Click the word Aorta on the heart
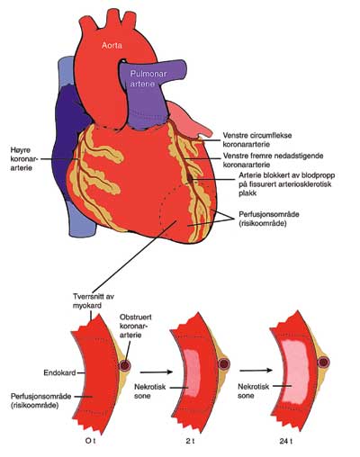coord(112,45)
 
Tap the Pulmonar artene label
coord(148,78)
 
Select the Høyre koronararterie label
coord(22,159)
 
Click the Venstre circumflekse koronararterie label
coord(257,139)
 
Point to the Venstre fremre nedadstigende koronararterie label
coord(273,160)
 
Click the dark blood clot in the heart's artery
coord(191,178)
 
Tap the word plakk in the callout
coord(247,193)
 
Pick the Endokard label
coord(59,373)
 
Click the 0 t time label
coord(91,441)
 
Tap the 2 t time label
coord(190,441)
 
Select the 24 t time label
coord(286,441)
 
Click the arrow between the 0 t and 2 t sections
coord(157,372)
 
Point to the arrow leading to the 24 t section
coord(256,371)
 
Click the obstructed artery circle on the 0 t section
coord(125,365)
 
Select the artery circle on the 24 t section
coord(323,362)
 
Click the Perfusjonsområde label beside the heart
coord(269,219)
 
